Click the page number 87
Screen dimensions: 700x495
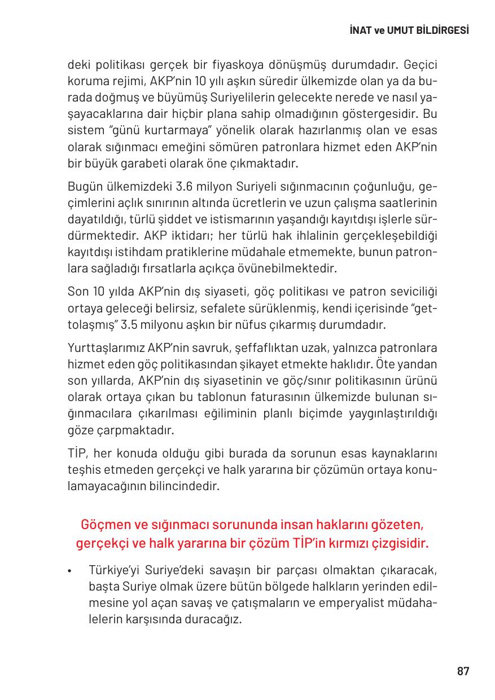point(463,671)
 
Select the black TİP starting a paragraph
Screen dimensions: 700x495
point(76,453)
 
